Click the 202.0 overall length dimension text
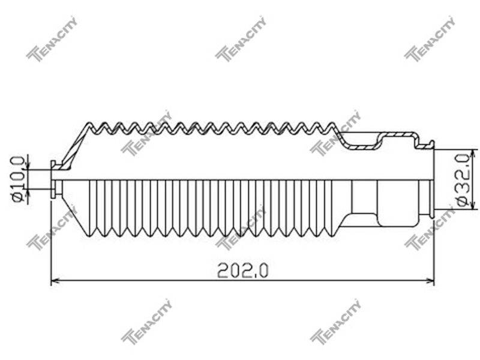point(242,271)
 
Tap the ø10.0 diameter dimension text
point(17,179)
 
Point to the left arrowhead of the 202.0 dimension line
point(55,280)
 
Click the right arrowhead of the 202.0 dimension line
point(431,280)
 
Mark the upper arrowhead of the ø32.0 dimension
point(474,153)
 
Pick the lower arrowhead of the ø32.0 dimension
point(474,206)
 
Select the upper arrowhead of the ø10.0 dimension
point(28,166)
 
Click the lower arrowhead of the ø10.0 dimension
point(28,193)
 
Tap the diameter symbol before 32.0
point(463,202)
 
